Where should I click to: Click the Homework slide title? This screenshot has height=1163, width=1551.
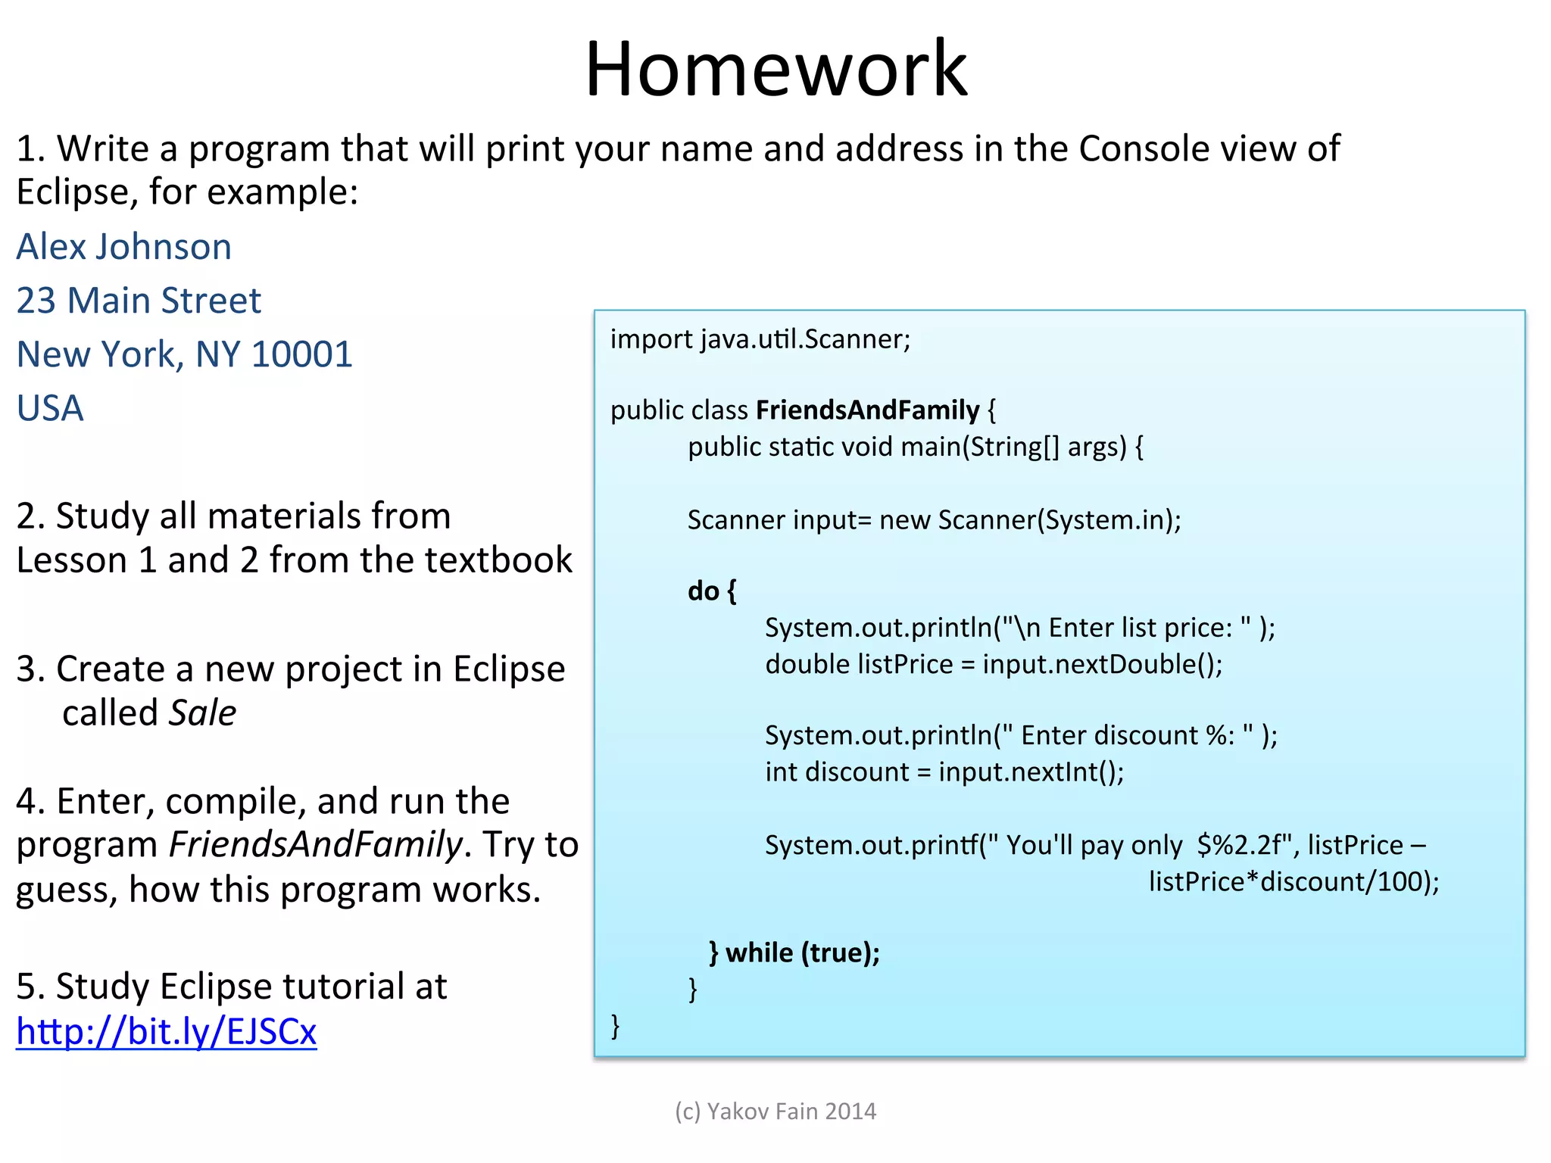(775, 70)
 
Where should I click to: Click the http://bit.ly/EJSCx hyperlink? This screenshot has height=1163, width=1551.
(167, 1031)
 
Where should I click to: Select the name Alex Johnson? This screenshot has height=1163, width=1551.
(124, 247)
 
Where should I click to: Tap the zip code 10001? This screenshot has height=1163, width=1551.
(302, 354)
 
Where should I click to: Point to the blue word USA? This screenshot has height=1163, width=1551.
(50, 409)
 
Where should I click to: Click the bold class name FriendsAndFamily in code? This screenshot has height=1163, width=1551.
(867, 410)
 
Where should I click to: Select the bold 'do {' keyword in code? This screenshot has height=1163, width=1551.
(711, 591)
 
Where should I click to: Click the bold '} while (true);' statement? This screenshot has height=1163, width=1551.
(794, 953)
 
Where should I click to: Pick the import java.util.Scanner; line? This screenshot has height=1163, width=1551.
(760, 339)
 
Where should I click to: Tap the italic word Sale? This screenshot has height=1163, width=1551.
(202, 713)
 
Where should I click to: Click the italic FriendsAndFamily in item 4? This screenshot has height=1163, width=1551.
(315, 845)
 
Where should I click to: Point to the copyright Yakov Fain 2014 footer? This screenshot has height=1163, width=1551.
(775, 1111)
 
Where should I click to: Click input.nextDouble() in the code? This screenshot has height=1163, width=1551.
(1102, 664)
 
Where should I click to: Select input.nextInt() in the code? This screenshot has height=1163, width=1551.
(1031, 772)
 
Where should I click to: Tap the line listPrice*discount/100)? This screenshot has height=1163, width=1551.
(1294, 881)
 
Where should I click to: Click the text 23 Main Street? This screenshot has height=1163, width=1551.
(139, 301)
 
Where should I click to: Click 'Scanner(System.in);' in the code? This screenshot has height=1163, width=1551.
(1059, 520)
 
